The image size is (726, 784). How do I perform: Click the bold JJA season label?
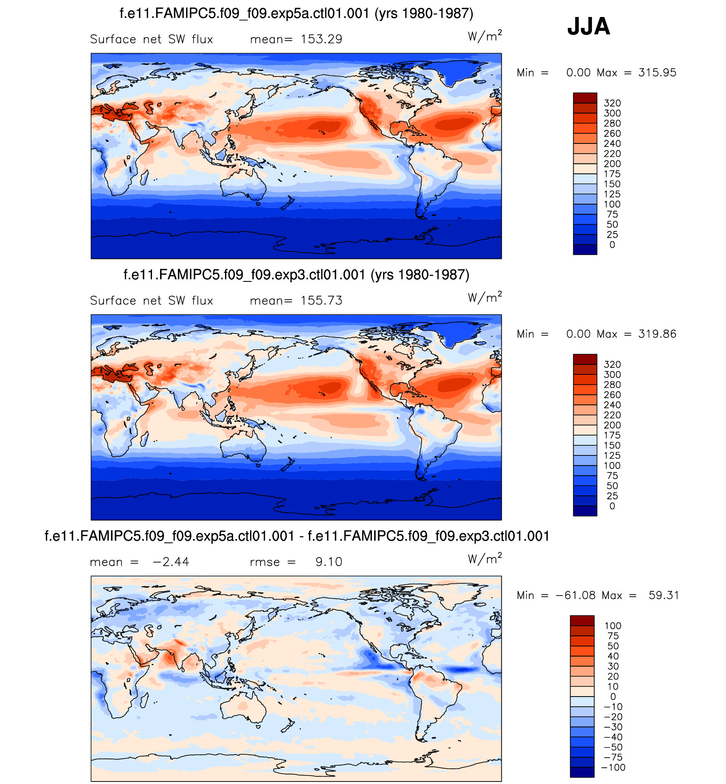pyautogui.click(x=588, y=26)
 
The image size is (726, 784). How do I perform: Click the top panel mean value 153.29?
pyautogui.click(x=321, y=39)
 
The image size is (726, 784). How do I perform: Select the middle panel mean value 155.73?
pyautogui.click(x=321, y=301)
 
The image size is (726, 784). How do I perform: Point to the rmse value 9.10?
pyautogui.click(x=329, y=562)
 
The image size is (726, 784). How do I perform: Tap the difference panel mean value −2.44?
pyautogui.click(x=171, y=562)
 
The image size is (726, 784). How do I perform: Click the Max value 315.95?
pyautogui.click(x=657, y=73)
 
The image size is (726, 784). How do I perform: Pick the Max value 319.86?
pyautogui.click(x=657, y=334)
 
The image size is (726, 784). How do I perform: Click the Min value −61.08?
pyautogui.click(x=575, y=596)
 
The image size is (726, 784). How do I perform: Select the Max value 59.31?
pyautogui.click(x=664, y=596)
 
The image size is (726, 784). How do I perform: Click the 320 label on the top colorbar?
pyautogui.click(x=612, y=103)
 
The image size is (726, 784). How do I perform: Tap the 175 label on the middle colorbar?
pyautogui.click(x=612, y=436)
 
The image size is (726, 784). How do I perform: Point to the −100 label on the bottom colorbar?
pyautogui.click(x=613, y=767)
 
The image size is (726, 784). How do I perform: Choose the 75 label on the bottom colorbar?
pyautogui.click(x=613, y=636)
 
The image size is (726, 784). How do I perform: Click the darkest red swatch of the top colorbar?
pyautogui.click(x=585, y=98)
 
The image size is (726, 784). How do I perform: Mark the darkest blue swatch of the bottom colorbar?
pyautogui.click(x=582, y=773)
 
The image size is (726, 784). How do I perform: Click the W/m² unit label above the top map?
pyautogui.click(x=485, y=36)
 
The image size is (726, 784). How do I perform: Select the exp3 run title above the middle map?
pyautogui.click(x=296, y=275)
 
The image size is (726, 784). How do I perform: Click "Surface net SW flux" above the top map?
pyautogui.click(x=152, y=39)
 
